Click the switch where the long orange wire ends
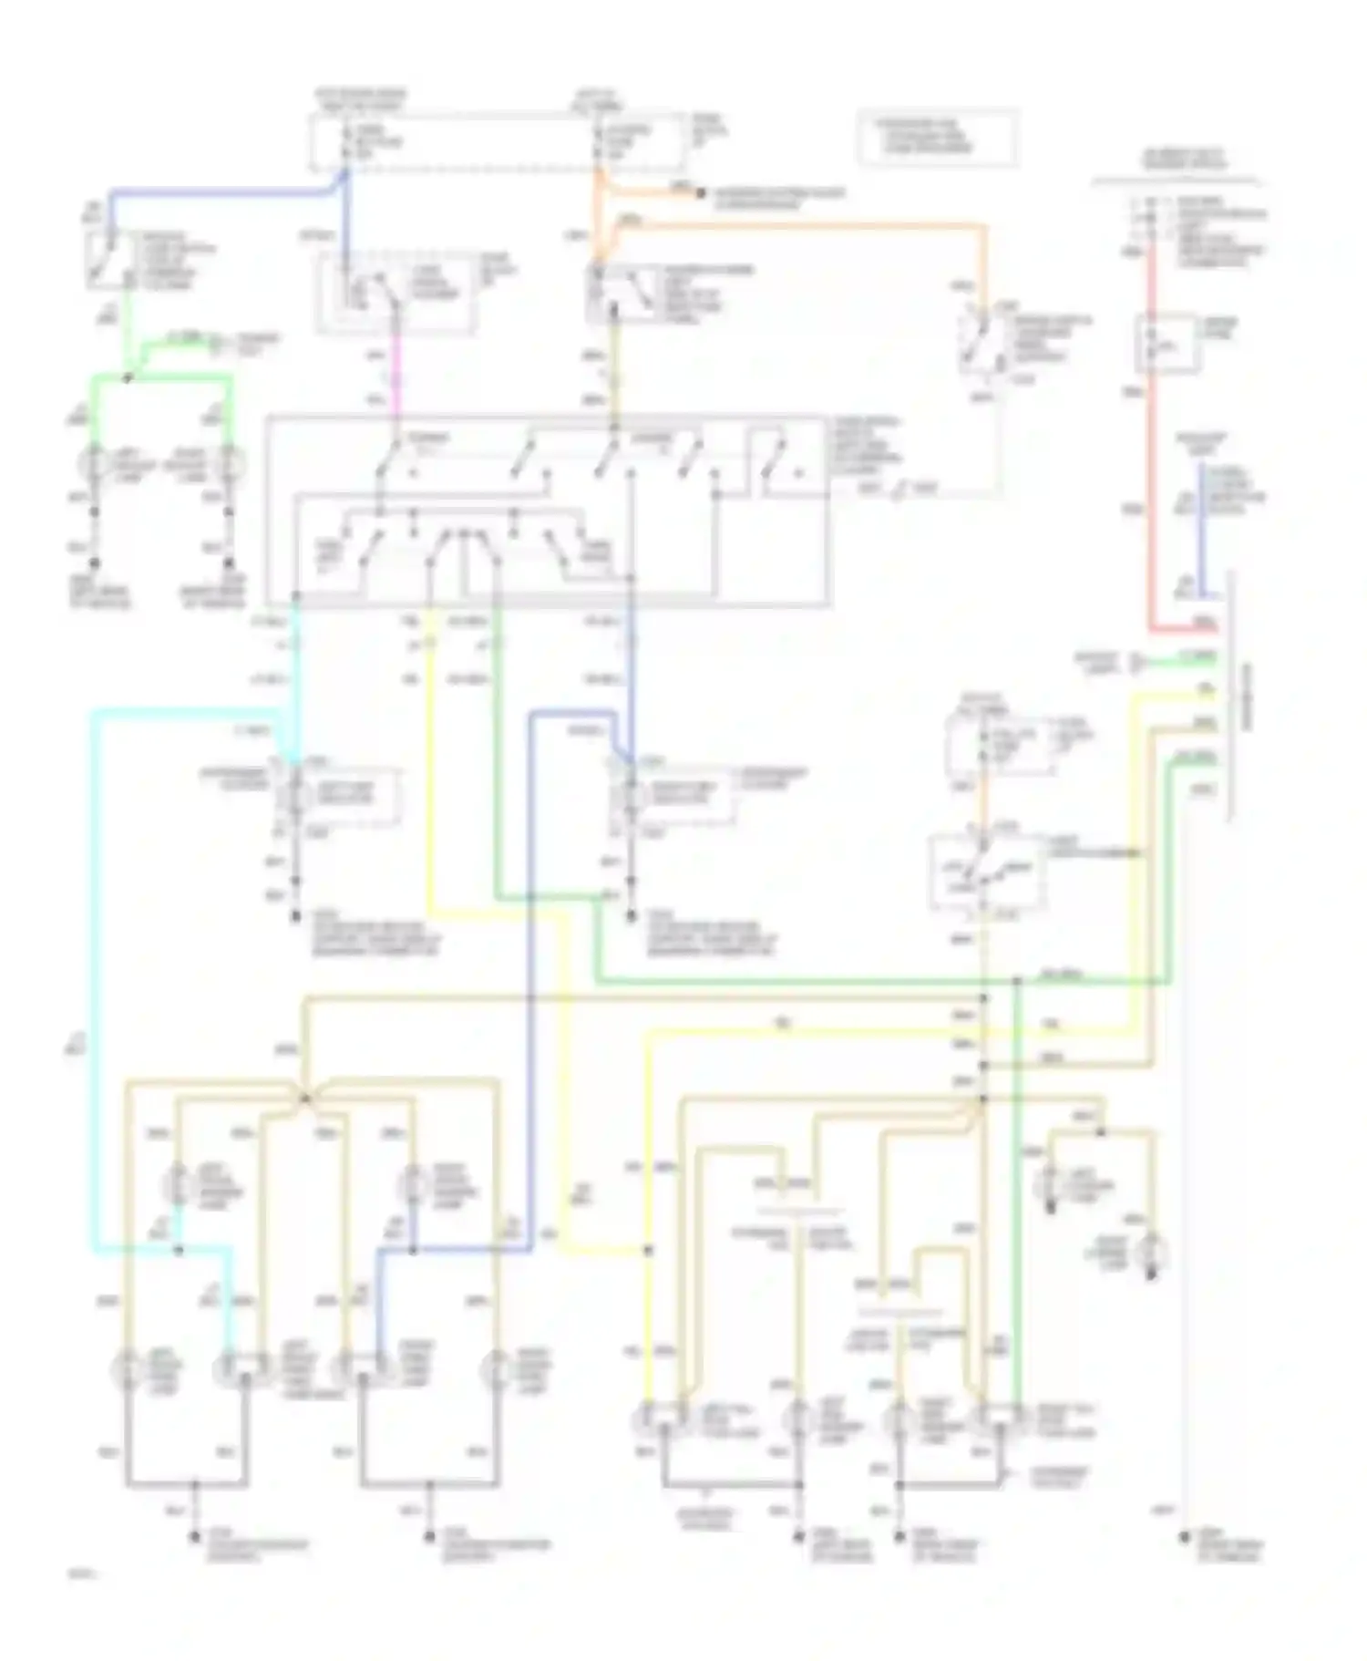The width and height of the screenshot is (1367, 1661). click(x=982, y=342)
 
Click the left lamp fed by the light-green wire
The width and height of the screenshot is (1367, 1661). click(x=94, y=465)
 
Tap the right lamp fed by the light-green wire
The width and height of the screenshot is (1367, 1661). click(x=230, y=465)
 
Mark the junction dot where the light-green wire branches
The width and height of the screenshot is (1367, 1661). click(x=128, y=377)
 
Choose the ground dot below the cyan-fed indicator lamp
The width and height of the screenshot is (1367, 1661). click(x=295, y=917)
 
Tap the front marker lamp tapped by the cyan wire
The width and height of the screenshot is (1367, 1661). click(x=177, y=1185)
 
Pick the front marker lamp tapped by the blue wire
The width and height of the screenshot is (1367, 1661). click(x=412, y=1185)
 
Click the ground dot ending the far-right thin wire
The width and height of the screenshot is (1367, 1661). click(x=1185, y=1537)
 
